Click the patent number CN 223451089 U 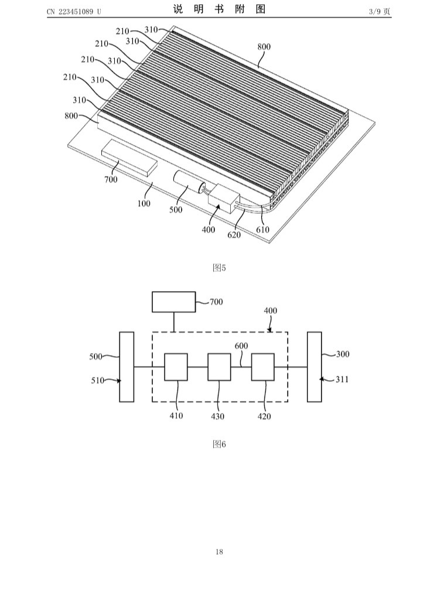74,11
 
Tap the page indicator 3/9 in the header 374,11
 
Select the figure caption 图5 219,268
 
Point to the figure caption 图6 219,444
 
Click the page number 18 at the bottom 219,552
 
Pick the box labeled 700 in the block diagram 173,302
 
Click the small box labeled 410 176,367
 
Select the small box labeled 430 219,367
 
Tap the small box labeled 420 262,367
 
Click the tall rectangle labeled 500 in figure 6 127,367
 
